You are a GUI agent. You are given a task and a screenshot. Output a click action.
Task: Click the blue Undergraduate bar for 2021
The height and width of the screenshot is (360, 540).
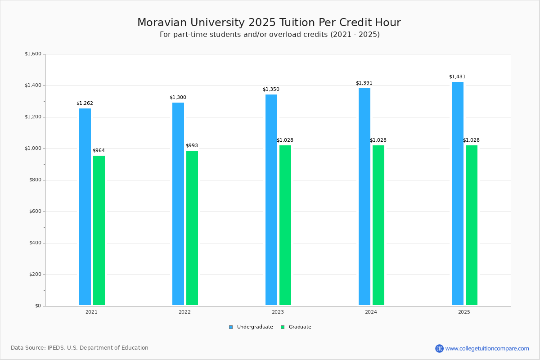[x=85, y=207]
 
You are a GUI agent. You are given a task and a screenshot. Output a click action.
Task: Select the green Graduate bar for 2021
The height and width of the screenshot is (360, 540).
[x=99, y=230]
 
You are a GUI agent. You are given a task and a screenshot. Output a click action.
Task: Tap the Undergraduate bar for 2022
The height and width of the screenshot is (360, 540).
[x=178, y=204]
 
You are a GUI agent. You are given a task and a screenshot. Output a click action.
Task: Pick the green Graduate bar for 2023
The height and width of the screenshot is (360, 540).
[x=285, y=225]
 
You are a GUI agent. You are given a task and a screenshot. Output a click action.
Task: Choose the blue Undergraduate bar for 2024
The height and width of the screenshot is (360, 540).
[x=364, y=197]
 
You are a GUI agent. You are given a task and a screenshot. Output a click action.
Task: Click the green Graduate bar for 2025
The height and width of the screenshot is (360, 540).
[x=472, y=225]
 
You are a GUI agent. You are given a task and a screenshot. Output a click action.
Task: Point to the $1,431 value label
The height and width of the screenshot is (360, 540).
[x=457, y=77]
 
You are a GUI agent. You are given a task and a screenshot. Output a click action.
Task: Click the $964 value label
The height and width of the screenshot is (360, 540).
[x=99, y=151]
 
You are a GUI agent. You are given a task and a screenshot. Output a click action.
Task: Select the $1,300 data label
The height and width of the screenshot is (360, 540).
[x=178, y=98]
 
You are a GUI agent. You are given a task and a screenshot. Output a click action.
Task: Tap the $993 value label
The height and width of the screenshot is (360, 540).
[x=192, y=146]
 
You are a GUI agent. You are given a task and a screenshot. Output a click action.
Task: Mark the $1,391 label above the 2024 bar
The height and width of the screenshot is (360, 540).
[x=364, y=83]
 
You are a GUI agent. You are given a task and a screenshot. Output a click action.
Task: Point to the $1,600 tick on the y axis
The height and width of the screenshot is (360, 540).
[x=33, y=54]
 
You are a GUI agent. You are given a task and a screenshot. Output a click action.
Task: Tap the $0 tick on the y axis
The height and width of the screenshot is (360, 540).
[x=38, y=306]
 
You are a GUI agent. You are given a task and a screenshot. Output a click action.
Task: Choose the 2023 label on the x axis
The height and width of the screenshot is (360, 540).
[x=278, y=312]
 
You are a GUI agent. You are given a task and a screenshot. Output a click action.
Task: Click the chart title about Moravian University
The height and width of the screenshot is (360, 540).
[x=269, y=22]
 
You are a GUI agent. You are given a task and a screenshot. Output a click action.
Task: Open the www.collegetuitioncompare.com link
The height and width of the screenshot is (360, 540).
[x=487, y=348]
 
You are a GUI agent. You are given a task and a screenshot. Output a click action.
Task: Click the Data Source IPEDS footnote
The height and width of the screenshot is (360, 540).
[x=80, y=348]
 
